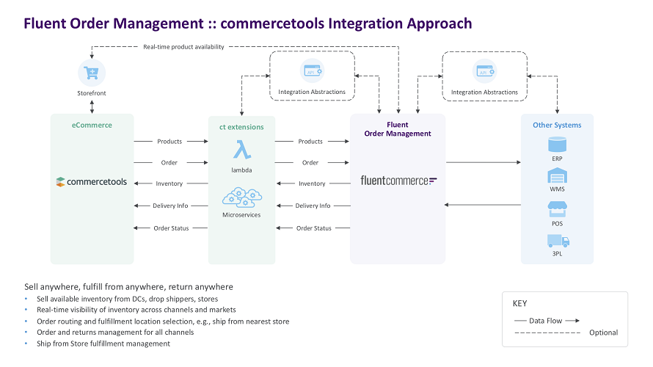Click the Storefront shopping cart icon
(x=92, y=73)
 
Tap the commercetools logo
(x=92, y=181)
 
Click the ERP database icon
(x=557, y=143)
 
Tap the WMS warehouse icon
(x=557, y=175)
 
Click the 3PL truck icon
(x=557, y=240)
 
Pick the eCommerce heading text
(x=92, y=126)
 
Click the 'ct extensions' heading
(x=241, y=127)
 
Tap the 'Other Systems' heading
(x=557, y=125)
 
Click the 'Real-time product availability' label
(x=183, y=47)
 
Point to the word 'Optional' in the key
(x=603, y=333)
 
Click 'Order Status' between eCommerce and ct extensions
(x=171, y=228)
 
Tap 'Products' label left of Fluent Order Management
(x=310, y=142)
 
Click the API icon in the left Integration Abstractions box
(x=311, y=70)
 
